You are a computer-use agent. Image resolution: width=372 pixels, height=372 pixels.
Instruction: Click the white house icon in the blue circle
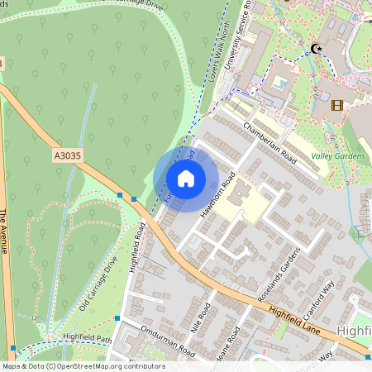click(186, 179)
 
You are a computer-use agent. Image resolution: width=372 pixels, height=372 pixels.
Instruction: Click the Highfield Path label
click(87, 338)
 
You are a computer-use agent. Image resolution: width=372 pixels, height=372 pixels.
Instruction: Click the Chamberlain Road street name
click(269, 140)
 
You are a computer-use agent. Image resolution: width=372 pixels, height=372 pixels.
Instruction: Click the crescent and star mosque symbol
click(314, 49)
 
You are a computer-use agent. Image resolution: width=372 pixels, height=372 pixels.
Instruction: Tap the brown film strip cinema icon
click(336, 105)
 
